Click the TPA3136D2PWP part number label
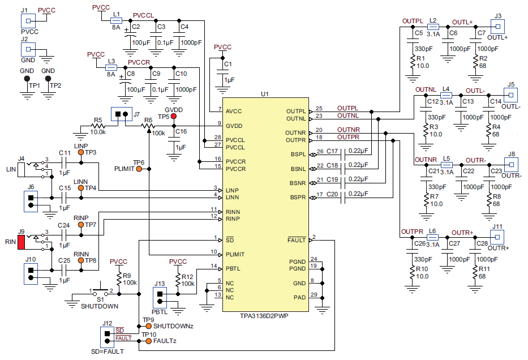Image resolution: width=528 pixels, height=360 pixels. (x=264, y=316)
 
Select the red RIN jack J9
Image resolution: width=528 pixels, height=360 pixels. (x=22, y=243)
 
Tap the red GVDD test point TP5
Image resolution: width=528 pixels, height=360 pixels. (x=174, y=117)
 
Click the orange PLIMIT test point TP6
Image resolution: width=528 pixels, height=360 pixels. (x=139, y=169)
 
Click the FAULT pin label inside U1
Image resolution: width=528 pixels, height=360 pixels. (x=296, y=240)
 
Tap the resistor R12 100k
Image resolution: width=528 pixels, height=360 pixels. (x=178, y=280)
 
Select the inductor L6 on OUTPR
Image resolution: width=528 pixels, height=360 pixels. (x=432, y=238)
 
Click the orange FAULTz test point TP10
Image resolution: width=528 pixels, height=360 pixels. (x=148, y=341)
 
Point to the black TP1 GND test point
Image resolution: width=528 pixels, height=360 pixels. (x=26, y=79)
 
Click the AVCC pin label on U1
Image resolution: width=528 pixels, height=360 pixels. (x=234, y=111)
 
